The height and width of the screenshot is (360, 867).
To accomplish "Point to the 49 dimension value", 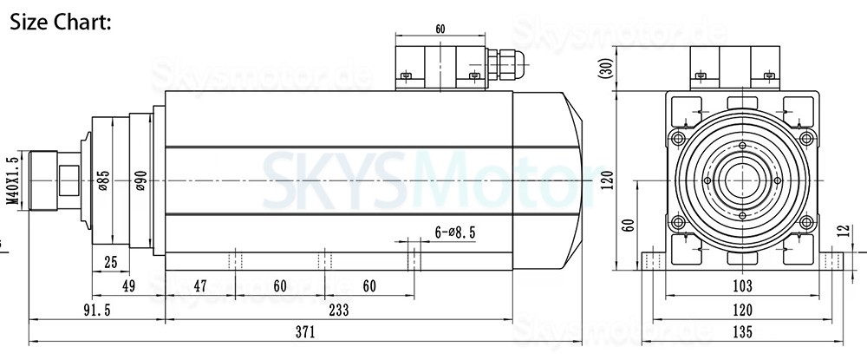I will click(128, 286).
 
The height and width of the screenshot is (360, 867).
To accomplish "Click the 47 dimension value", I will click(200, 286).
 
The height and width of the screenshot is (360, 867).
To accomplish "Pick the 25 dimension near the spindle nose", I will click(109, 262).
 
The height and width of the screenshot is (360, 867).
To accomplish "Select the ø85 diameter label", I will click(102, 180).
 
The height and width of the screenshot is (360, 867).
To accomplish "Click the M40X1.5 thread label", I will click(12, 180).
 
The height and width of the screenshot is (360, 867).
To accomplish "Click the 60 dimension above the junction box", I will click(440, 29).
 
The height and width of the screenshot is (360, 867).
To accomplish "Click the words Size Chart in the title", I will click(61, 22).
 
